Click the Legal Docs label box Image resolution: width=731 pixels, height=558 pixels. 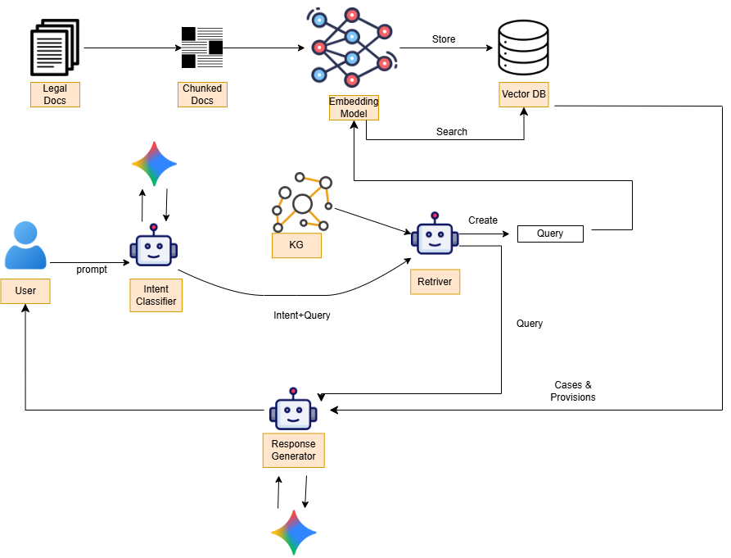click(x=55, y=94)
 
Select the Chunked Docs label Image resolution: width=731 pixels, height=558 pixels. click(x=202, y=94)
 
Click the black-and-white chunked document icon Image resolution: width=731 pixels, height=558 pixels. click(x=201, y=48)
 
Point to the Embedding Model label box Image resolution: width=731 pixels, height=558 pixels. click(x=354, y=107)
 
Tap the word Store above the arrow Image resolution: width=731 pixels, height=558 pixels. click(x=444, y=39)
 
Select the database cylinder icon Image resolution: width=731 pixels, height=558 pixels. click(x=523, y=48)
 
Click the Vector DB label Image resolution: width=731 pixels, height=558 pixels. click(x=523, y=94)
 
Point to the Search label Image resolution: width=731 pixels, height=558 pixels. click(x=451, y=132)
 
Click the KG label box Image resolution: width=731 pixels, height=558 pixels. click(x=296, y=245)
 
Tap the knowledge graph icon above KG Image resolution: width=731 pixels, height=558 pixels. click(x=302, y=202)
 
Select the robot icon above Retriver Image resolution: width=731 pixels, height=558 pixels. click(x=435, y=238)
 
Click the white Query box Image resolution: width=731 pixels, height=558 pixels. click(x=550, y=234)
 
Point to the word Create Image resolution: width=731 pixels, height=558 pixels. click(x=483, y=220)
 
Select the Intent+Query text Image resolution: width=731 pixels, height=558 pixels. click(x=302, y=315)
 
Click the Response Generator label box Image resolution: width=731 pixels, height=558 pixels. click(x=293, y=451)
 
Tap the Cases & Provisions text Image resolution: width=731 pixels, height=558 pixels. click(x=573, y=391)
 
